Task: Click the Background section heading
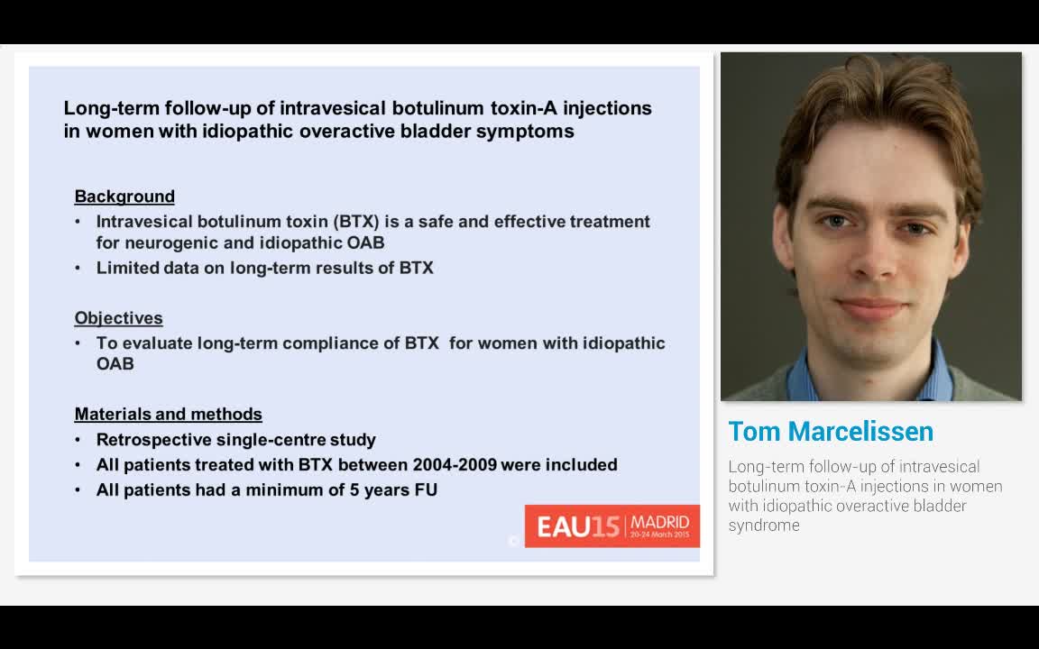[124, 197]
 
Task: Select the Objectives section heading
[118, 318]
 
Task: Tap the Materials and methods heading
[168, 415]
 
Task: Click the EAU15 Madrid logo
[611, 526]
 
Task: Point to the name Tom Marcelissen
[830, 432]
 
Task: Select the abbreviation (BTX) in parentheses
[356, 222]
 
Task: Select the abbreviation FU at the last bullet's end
[426, 490]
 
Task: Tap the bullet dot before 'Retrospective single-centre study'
[78, 440]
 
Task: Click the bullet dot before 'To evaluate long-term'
[78, 343]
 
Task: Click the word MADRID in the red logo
[660, 522]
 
